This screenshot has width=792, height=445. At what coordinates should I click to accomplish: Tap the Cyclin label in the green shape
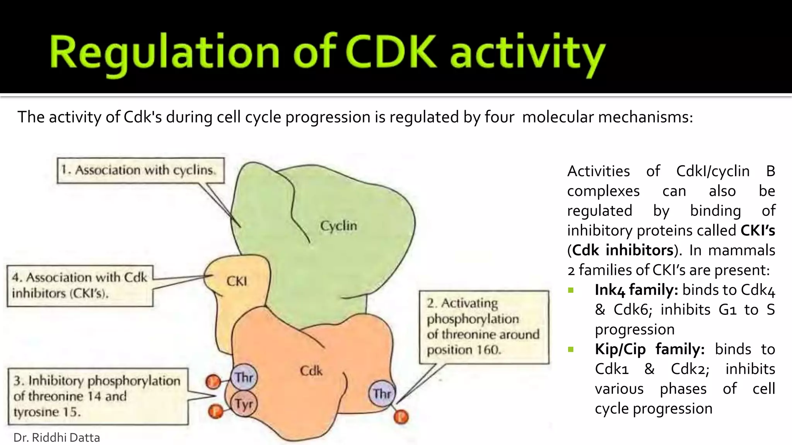(338, 226)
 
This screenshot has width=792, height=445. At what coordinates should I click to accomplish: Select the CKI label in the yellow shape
(237, 281)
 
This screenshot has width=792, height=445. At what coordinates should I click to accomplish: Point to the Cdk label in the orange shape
(311, 371)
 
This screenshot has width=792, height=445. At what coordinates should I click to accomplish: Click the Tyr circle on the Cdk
(244, 404)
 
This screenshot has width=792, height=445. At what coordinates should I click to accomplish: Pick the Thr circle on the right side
(382, 394)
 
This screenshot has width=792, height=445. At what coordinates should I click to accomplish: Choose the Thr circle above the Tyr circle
(244, 377)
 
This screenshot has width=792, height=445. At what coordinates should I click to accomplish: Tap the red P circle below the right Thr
(401, 417)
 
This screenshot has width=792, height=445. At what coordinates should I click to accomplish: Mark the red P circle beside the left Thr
(213, 382)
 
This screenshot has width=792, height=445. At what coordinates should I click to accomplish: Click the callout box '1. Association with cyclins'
(141, 170)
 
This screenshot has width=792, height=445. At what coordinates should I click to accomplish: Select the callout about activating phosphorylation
(484, 327)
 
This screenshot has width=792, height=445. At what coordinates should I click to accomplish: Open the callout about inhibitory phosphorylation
(98, 396)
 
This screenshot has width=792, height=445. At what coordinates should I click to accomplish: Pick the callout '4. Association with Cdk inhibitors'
(80, 285)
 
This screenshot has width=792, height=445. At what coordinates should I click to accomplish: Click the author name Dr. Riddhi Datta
(57, 438)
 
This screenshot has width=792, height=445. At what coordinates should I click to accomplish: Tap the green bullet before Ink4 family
(571, 290)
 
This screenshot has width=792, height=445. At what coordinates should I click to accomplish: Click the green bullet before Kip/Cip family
(571, 350)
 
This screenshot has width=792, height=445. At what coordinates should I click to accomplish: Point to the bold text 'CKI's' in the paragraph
(758, 231)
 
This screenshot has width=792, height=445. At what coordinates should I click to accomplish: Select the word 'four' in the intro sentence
(500, 117)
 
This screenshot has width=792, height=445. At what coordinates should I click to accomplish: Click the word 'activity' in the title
(527, 54)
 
